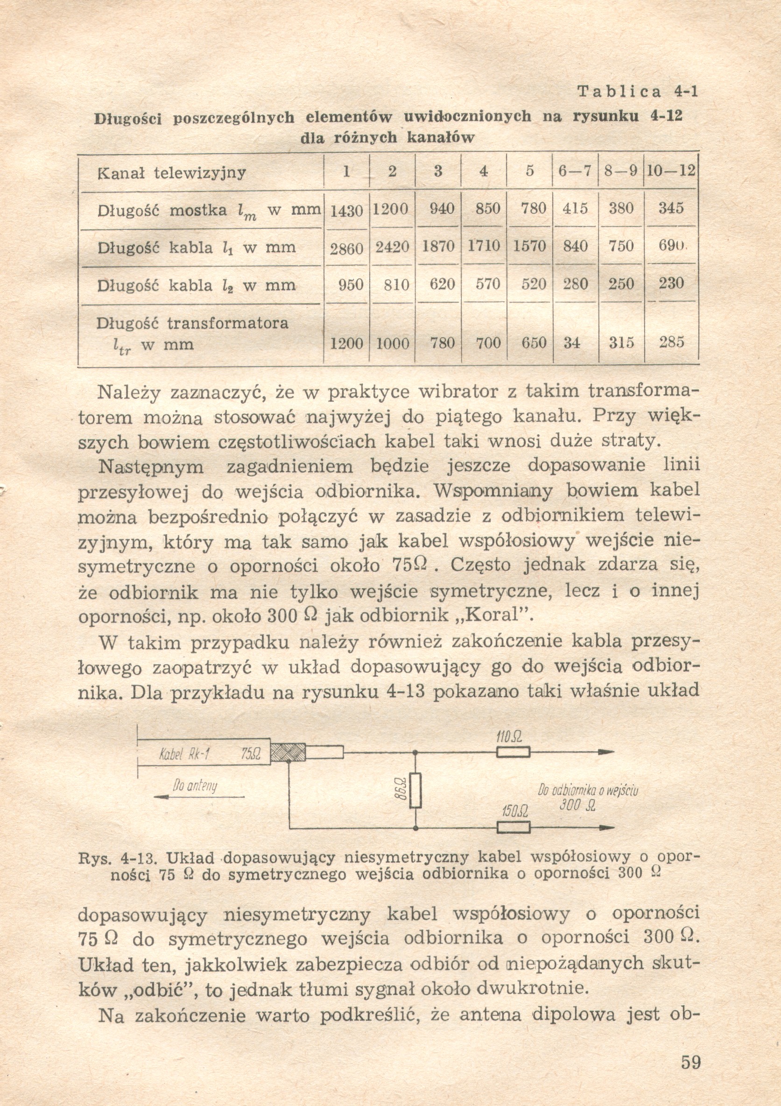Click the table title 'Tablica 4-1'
(x=637, y=92)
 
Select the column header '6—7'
(x=575, y=171)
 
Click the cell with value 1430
(x=346, y=210)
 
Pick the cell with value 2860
(x=346, y=248)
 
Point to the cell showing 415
(x=575, y=209)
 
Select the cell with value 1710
(x=484, y=246)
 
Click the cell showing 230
(x=671, y=283)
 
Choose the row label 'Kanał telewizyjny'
(x=171, y=172)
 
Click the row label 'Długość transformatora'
(x=192, y=323)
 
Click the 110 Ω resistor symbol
(x=514, y=752)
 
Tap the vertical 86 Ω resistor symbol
(x=415, y=790)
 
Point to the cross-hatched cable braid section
(x=288, y=752)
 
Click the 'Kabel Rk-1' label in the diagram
(x=184, y=754)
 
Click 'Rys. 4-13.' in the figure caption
(x=118, y=858)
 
